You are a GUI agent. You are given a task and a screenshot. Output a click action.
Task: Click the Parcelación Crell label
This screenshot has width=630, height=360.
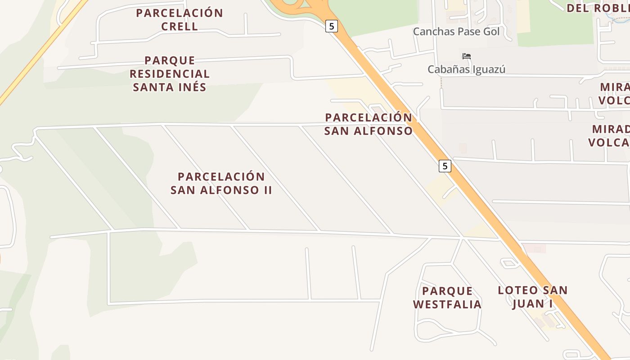pos(180,20)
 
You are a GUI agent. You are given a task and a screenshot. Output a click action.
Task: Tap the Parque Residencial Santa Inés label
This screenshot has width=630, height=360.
pos(170,74)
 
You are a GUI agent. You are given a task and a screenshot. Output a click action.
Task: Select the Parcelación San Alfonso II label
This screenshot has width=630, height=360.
pos(221,183)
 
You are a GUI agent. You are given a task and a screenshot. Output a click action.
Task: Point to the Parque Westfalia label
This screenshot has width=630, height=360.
pos(447,297)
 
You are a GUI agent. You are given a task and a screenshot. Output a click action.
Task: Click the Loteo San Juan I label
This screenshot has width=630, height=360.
pos(532,297)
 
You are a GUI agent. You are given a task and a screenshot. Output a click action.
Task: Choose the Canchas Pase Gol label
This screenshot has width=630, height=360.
pos(456,31)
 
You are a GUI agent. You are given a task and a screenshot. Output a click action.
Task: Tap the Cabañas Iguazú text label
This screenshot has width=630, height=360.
pos(466,69)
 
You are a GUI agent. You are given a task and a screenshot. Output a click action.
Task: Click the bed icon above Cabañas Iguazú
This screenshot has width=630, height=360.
pos(467,56)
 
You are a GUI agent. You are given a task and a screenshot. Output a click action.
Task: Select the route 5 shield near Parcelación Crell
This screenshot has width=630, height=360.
pos(331,26)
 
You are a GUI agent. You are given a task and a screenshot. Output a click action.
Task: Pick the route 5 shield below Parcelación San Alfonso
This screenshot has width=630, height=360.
pos(445,166)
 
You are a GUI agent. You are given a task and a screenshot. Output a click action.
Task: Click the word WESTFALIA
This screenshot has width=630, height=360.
pos(447,305)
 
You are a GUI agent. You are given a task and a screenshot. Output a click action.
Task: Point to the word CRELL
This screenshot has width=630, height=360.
pos(180,27)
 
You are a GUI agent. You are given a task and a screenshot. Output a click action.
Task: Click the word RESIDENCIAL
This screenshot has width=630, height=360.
pos(170,74)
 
